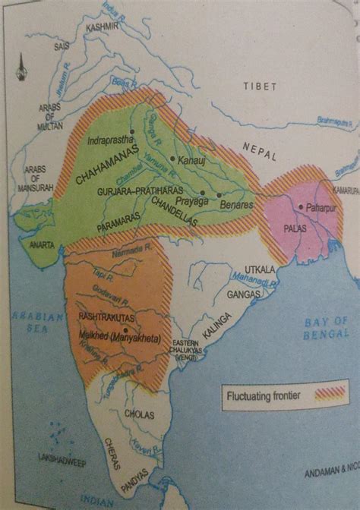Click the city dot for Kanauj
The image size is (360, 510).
[174, 159]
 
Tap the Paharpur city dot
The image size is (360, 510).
[302, 206]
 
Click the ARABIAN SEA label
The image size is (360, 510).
[31, 323]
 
